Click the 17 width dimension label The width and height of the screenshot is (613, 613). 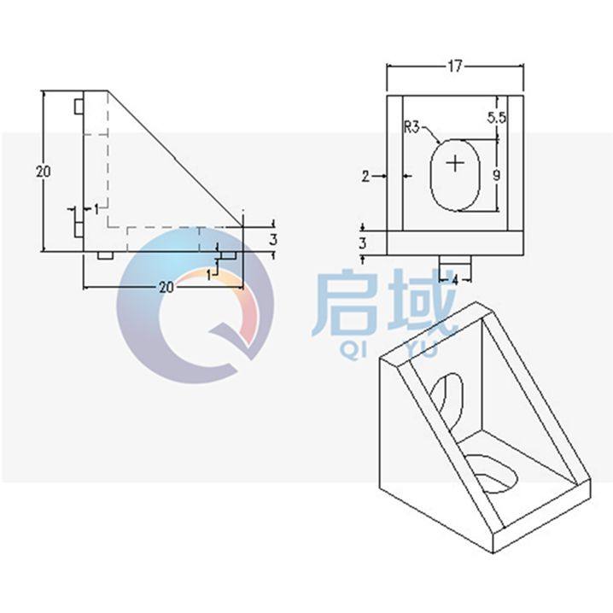coord(453,65)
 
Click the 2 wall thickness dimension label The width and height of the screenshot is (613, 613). coord(366,177)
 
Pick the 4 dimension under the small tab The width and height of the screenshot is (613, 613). coord(455,279)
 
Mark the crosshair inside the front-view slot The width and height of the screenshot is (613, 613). coord(457,162)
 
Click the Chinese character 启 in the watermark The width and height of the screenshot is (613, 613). coord(345,303)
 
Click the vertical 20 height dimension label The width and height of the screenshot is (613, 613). coord(43,171)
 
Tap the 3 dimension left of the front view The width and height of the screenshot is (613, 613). coord(362,243)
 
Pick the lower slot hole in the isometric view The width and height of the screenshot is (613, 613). coord(491,471)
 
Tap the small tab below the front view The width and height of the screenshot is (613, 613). coord(455,260)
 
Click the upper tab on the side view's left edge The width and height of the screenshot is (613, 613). coord(78,108)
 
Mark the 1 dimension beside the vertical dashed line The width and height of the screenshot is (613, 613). coord(96,207)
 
